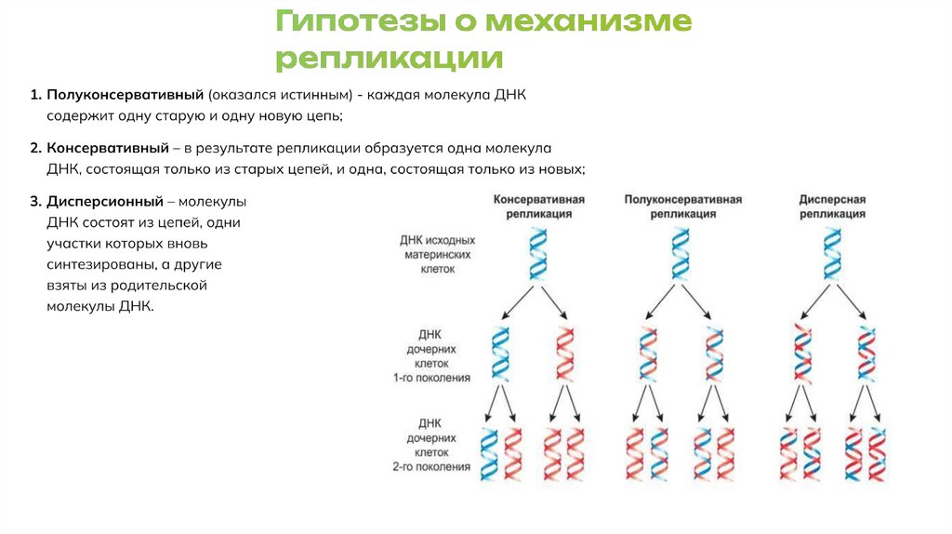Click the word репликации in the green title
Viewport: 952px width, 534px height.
(390, 60)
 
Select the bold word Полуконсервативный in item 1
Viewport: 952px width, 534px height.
(126, 96)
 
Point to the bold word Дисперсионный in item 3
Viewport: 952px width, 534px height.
(105, 202)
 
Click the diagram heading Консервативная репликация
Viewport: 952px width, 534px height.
(538, 206)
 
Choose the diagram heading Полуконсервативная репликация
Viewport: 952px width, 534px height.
(682, 206)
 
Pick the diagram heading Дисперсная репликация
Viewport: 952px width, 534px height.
(832, 206)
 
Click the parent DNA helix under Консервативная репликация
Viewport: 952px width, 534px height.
(538, 254)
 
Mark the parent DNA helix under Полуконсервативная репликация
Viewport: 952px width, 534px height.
(682, 254)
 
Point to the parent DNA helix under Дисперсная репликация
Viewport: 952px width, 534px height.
(832, 254)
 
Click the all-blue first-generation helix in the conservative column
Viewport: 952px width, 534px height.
(501, 352)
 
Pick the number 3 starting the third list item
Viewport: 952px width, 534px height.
(33, 202)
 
